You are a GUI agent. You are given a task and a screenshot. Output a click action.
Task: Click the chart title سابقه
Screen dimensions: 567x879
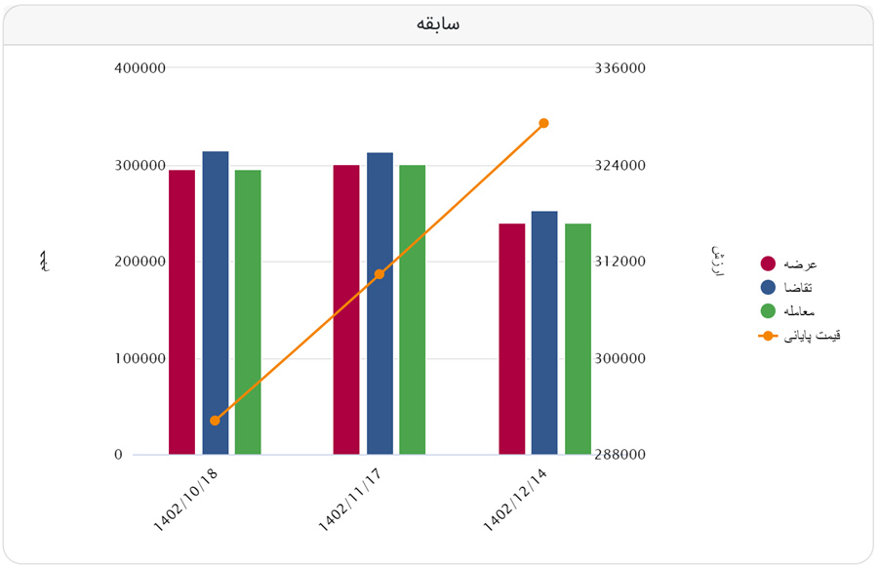click(x=438, y=23)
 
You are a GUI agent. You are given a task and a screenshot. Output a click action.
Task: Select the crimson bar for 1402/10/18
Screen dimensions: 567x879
click(x=181, y=312)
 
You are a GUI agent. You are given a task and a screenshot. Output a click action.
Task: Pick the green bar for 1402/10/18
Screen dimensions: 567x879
click(x=248, y=312)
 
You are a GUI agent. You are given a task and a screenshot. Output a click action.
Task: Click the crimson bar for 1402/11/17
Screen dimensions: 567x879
click(x=346, y=309)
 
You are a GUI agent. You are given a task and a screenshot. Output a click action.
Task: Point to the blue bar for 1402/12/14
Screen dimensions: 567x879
click(x=544, y=332)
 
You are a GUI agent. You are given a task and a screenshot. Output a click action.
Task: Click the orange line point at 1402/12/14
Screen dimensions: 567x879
click(x=543, y=123)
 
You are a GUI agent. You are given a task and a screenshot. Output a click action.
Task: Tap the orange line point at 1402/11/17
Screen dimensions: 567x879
click(x=380, y=274)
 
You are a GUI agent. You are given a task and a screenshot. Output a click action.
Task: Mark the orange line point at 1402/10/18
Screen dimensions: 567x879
click(x=215, y=421)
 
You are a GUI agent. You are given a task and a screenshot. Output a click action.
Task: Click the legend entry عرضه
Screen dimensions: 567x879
click(x=788, y=263)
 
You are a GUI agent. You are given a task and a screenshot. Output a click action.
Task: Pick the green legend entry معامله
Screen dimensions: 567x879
click(x=788, y=311)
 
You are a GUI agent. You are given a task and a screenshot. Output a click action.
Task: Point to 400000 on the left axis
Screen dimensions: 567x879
click(x=140, y=68)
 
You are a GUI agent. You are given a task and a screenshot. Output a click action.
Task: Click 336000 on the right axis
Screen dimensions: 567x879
click(x=619, y=68)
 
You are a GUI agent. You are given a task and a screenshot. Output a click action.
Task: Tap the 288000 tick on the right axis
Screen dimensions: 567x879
click(x=619, y=455)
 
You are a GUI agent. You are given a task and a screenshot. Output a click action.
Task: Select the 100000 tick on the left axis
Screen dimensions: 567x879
click(x=140, y=358)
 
